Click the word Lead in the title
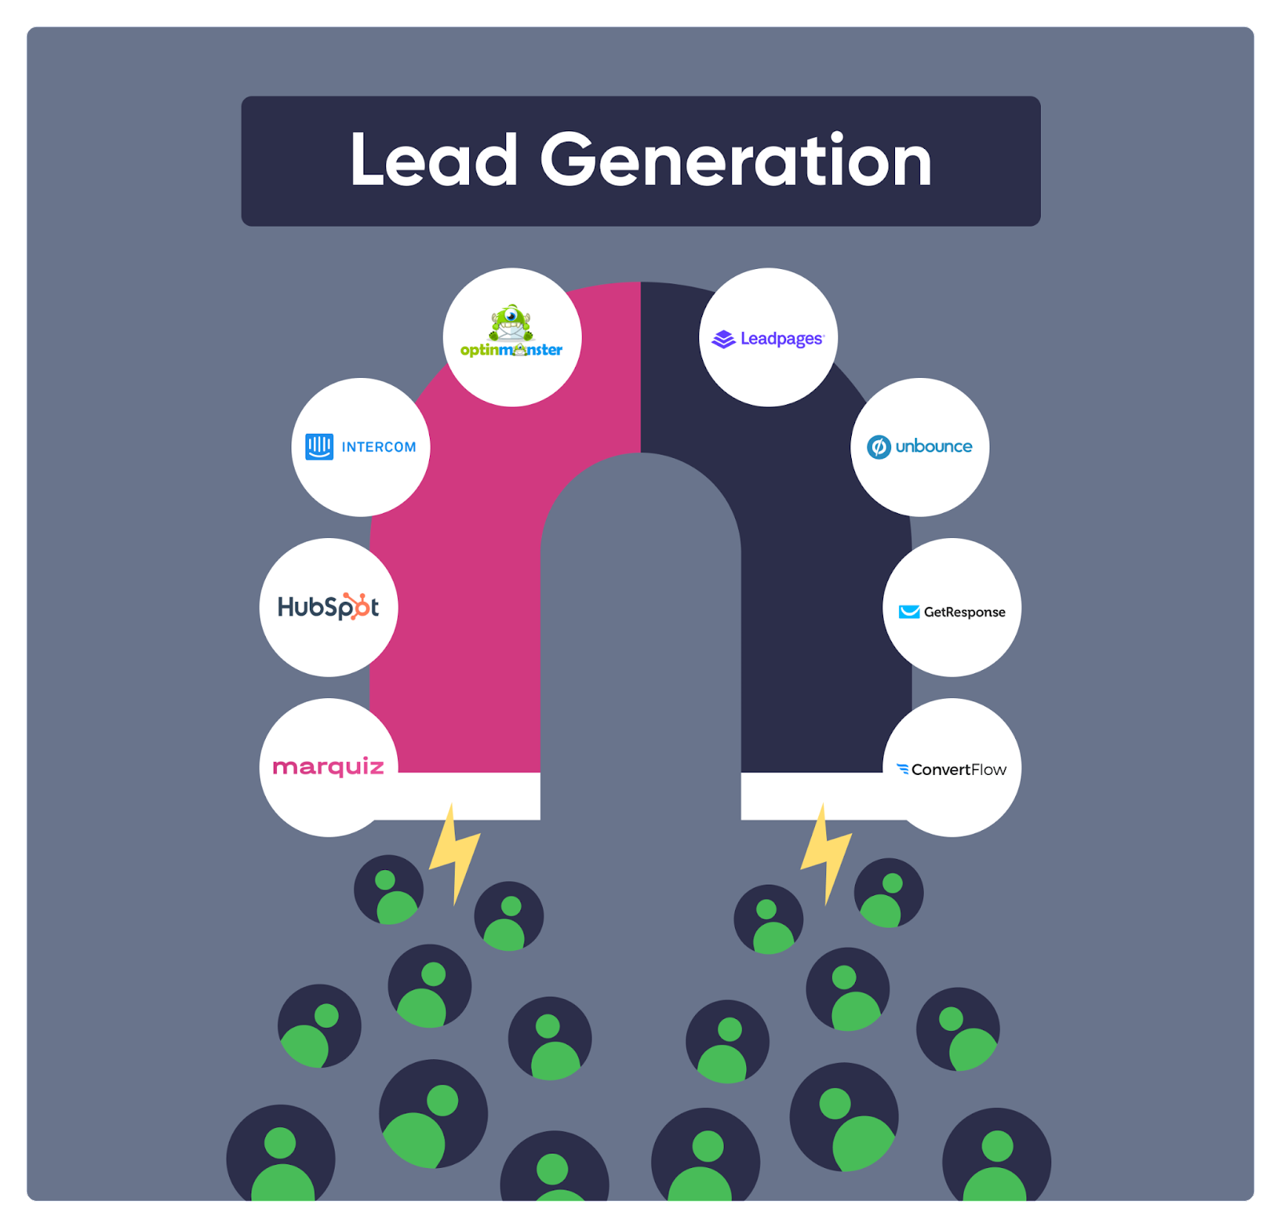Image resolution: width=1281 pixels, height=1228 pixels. click(x=434, y=160)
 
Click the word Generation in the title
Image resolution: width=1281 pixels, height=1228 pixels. click(x=737, y=160)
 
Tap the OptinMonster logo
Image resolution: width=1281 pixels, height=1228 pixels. click(x=512, y=331)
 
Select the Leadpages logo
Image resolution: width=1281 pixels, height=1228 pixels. click(x=768, y=339)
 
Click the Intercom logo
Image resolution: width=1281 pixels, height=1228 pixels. click(x=360, y=447)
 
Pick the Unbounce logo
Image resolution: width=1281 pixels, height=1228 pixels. click(x=920, y=447)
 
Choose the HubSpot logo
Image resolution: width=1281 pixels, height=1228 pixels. click(x=328, y=607)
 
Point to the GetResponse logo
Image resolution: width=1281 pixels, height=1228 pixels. click(x=952, y=612)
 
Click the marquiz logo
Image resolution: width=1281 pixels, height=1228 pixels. click(x=328, y=767)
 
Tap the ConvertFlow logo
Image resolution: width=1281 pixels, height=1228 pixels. click(x=951, y=769)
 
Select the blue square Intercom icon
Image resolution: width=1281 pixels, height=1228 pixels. click(x=319, y=447)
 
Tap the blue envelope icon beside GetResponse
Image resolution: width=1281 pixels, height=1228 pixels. click(x=909, y=612)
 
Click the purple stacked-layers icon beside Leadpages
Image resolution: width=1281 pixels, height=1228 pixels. click(x=723, y=339)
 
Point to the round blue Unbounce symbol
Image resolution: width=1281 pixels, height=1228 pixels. click(x=878, y=447)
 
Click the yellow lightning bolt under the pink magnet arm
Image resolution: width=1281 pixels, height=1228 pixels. click(x=455, y=854)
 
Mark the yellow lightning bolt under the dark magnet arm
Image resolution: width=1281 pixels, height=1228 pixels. click(x=826, y=854)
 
